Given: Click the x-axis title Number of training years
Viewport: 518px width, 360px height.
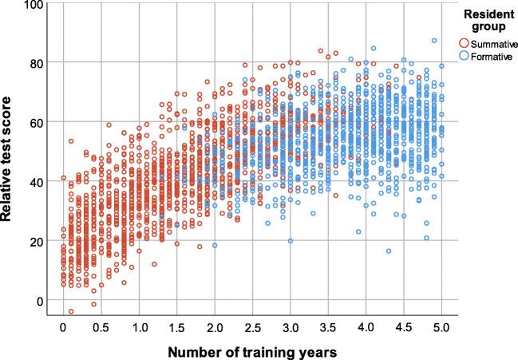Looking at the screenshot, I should tap(253, 350).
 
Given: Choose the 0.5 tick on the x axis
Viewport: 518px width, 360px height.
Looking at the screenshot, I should tap(101, 328).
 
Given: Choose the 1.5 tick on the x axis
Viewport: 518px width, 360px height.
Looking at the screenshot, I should tap(177, 328).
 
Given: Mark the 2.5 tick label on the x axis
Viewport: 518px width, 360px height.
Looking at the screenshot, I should tap(253, 328).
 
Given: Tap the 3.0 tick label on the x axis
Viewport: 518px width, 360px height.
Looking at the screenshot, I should tap(291, 328).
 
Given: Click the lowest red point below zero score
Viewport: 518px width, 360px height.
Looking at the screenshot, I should tap(70, 312).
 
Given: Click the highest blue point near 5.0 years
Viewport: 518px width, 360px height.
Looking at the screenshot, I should tap(434, 41).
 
